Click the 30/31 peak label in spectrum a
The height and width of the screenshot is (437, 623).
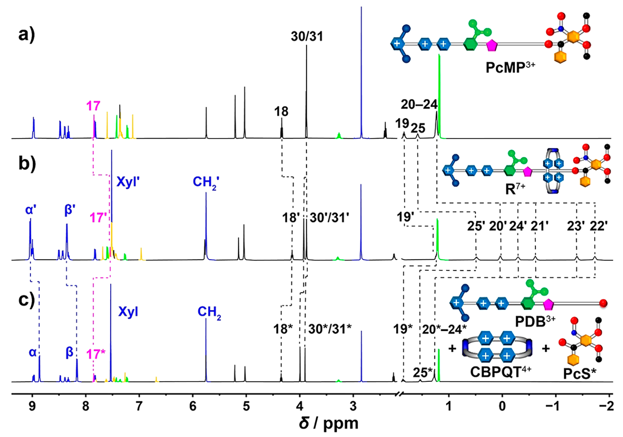pyautogui.click(x=307, y=36)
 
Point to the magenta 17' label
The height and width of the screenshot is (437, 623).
pyautogui.click(x=98, y=217)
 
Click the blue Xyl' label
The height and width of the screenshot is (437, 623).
pyautogui.click(x=128, y=182)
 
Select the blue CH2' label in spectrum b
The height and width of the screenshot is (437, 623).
pyautogui.click(x=206, y=182)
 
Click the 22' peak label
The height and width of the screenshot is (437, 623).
pyautogui.click(x=598, y=226)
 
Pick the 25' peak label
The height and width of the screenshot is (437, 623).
pyautogui.click(x=476, y=226)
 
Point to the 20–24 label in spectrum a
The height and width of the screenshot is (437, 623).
pyautogui.click(x=419, y=104)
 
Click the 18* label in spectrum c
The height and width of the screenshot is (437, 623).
pyautogui.click(x=283, y=329)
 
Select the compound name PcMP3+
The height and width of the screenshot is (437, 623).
pyautogui.click(x=510, y=67)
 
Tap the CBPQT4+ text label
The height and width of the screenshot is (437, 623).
pyautogui.click(x=501, y=371)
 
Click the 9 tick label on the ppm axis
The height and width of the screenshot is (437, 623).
pyautogui.click(x=32, y=406)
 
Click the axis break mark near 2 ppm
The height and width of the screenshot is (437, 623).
pyautogui.click(x=400, y=394)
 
